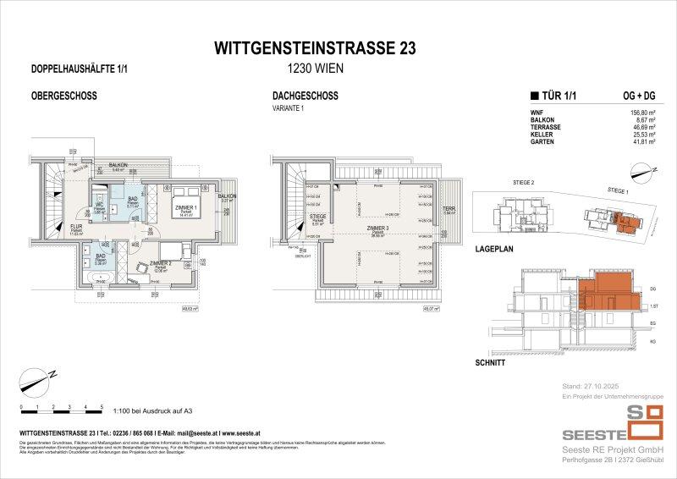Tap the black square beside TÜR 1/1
point(532,96)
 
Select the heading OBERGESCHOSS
point(47,96)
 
